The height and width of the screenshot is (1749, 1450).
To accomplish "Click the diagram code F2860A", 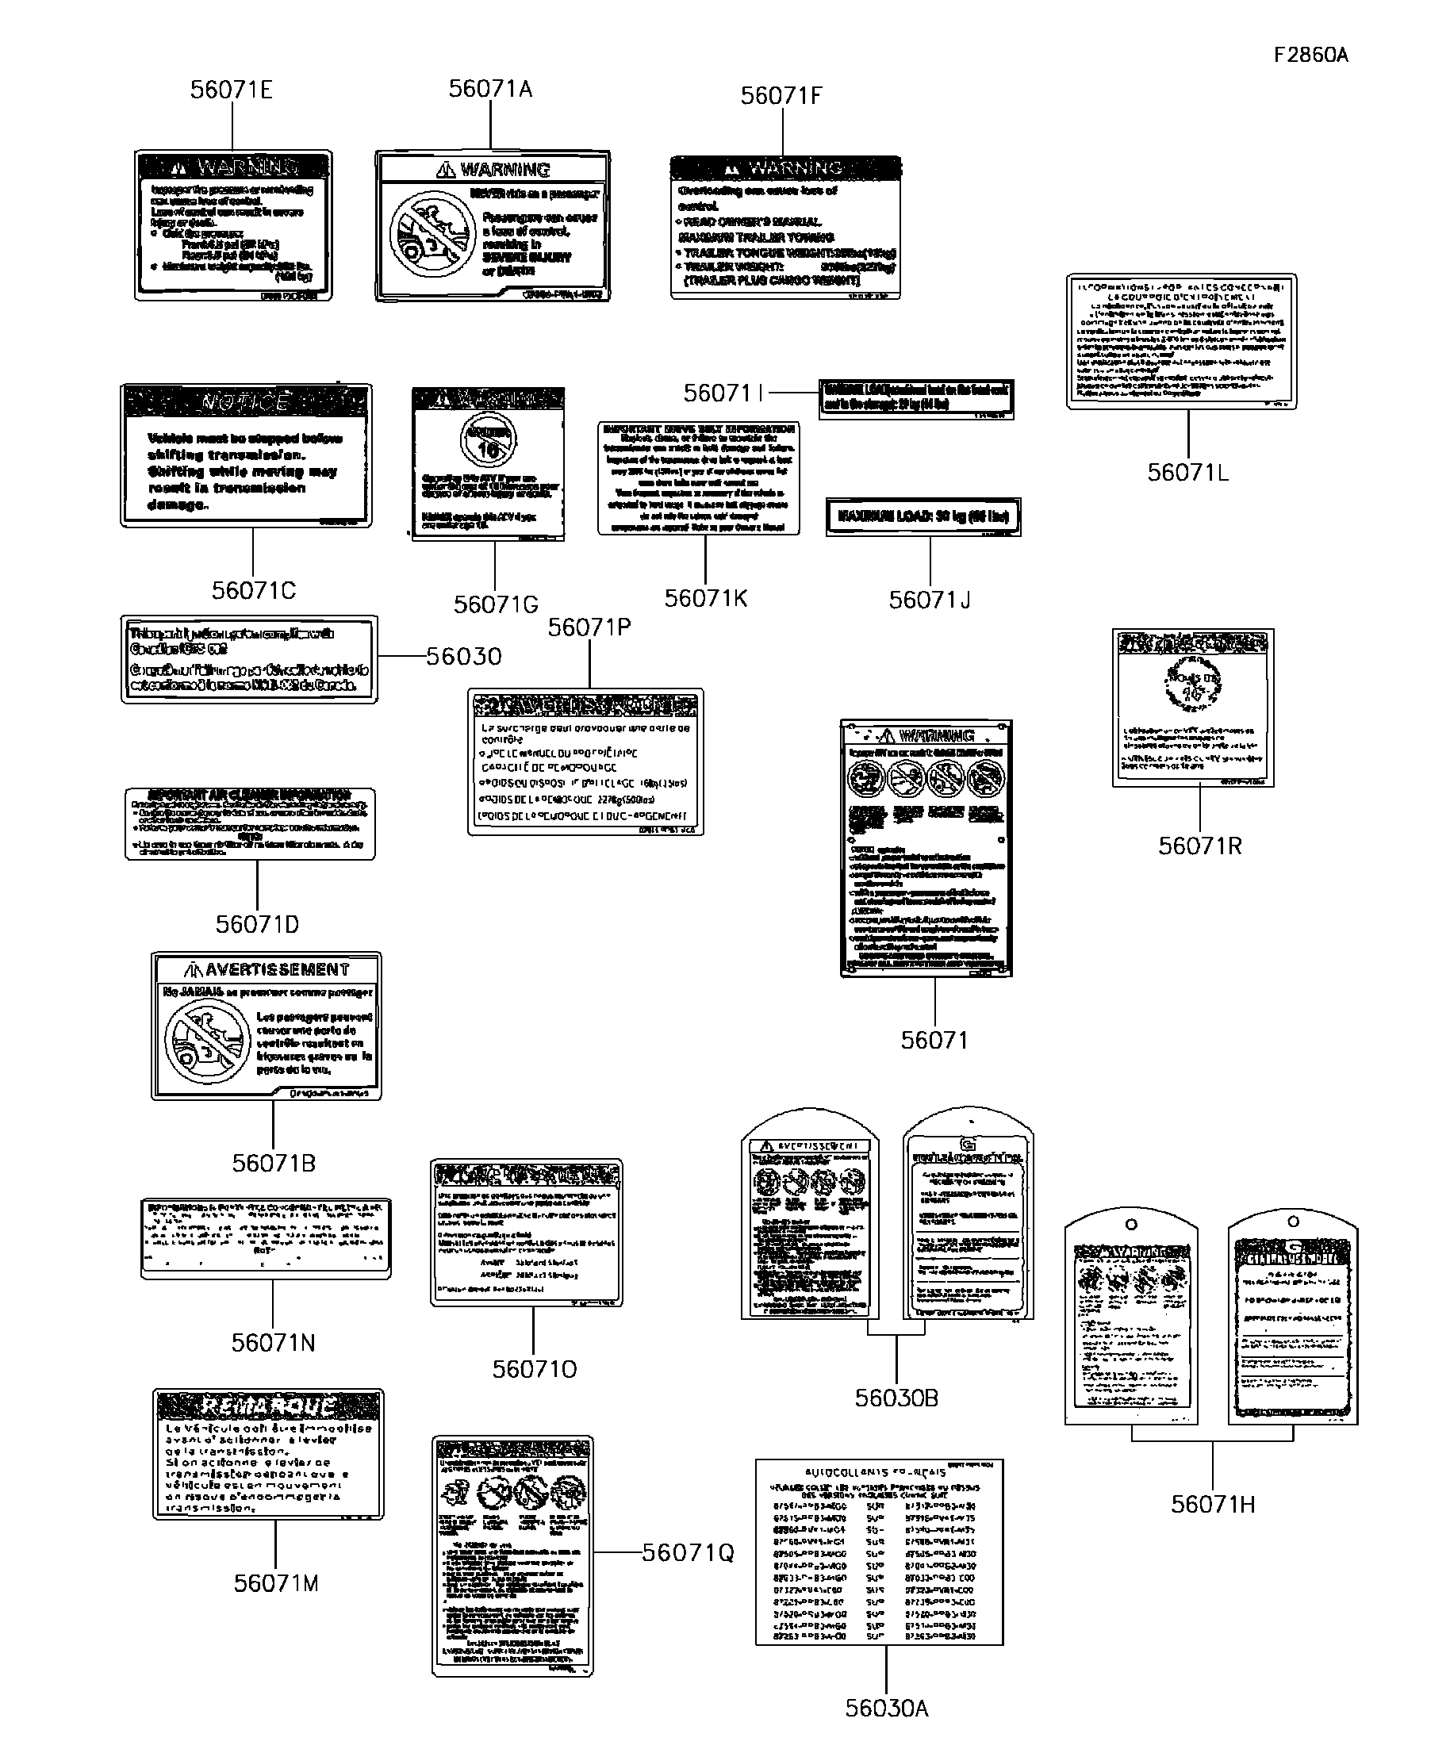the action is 1310,55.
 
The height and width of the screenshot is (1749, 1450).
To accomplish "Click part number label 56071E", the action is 231,90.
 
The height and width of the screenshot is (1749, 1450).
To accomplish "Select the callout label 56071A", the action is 489,88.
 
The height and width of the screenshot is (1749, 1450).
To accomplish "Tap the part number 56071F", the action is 781,96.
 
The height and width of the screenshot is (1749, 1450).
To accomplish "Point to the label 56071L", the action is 1187,472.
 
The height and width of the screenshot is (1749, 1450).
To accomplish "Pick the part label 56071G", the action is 496,604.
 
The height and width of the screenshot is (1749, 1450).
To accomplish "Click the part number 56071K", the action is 705,598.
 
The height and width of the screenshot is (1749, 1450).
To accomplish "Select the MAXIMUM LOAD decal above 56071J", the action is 923,516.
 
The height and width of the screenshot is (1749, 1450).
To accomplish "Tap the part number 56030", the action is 464,656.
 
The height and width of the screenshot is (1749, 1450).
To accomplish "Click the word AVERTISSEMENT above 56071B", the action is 277,969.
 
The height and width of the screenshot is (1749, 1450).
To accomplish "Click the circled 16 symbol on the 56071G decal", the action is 488,440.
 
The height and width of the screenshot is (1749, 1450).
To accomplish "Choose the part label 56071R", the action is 1199,846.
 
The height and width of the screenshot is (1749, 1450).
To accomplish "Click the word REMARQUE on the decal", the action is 268,1406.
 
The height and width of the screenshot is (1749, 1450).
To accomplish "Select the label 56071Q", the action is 688,1552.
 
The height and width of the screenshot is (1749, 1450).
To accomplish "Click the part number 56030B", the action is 896,1398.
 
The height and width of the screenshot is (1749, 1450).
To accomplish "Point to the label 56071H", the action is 1212,1504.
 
